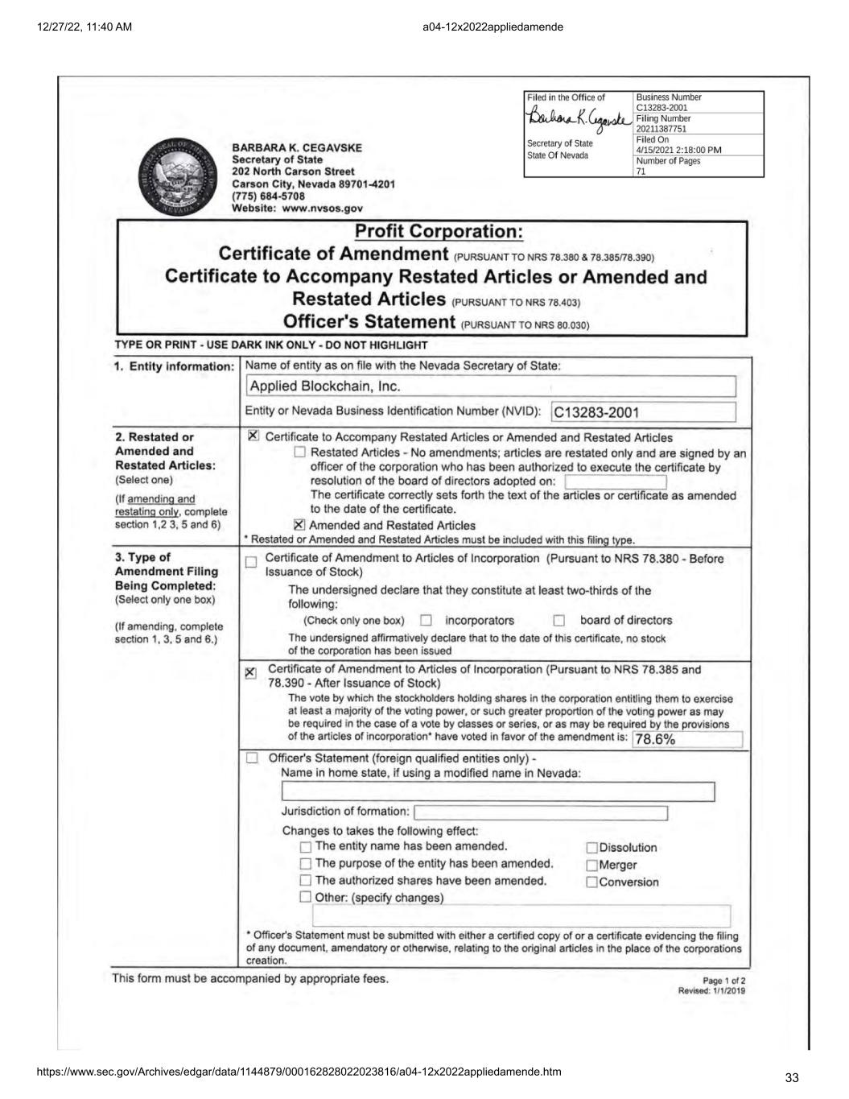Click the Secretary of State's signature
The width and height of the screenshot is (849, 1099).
coord(579,122)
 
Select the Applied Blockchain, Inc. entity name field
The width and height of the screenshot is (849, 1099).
coord(491,386)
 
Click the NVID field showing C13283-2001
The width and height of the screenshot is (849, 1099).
coord(643,412)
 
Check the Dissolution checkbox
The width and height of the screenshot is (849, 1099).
coord(592,848)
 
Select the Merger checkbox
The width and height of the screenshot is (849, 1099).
coord(592,866)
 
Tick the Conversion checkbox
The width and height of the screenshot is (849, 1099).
coord(592,882)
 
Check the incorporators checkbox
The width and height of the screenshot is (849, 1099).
coord(427,621)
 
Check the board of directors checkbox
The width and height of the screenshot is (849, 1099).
coord(558,621)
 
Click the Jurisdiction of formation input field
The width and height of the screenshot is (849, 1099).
coord(541,812)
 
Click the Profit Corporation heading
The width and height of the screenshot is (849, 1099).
coord(439,232)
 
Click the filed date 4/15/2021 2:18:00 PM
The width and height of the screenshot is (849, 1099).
coord(678,150)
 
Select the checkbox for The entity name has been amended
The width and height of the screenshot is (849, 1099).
coord(305,847)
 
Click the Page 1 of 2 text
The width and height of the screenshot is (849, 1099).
coord(724,981)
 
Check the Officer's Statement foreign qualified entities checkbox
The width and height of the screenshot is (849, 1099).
coord(253,758)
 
